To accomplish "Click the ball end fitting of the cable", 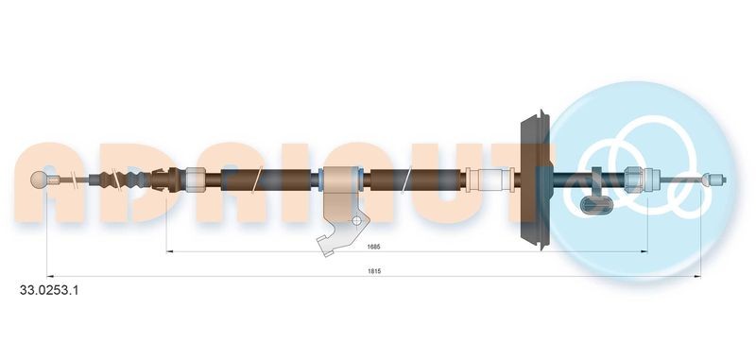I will coord(40,180).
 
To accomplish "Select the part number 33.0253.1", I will coord(48,291).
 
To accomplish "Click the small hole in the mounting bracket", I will coord(355,222).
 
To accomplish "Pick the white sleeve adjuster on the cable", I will coord(492,178).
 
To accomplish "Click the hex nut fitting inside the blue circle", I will coord(636,178).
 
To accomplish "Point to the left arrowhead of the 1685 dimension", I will coord(171,251).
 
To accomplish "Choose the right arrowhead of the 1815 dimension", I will coord(696,276).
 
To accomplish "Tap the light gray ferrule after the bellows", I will coord(194,178).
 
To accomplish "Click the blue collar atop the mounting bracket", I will coord(339,177).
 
